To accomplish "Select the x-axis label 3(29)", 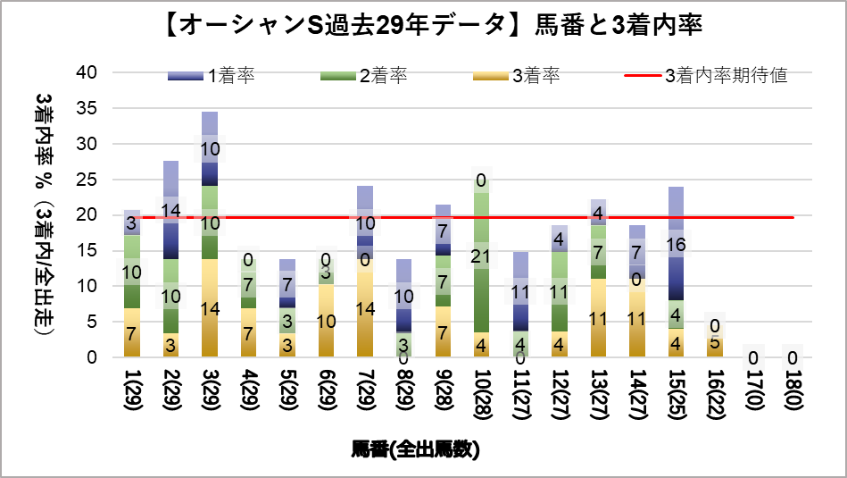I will coord(210,392).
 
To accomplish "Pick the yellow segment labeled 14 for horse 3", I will coord(210,308).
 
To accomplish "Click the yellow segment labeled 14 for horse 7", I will coord(364,308).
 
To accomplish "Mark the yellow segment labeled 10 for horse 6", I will coord(326,322).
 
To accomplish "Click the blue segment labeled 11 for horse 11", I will coord(519,291).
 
